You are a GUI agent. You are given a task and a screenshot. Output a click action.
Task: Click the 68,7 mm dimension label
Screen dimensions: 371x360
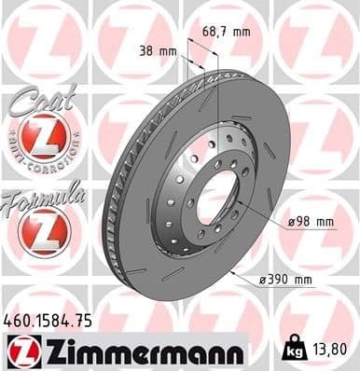pyautogui.click(x=227, y=33)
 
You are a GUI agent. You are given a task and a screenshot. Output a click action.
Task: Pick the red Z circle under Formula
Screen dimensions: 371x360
pyautogui.click(x=38, y=232)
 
